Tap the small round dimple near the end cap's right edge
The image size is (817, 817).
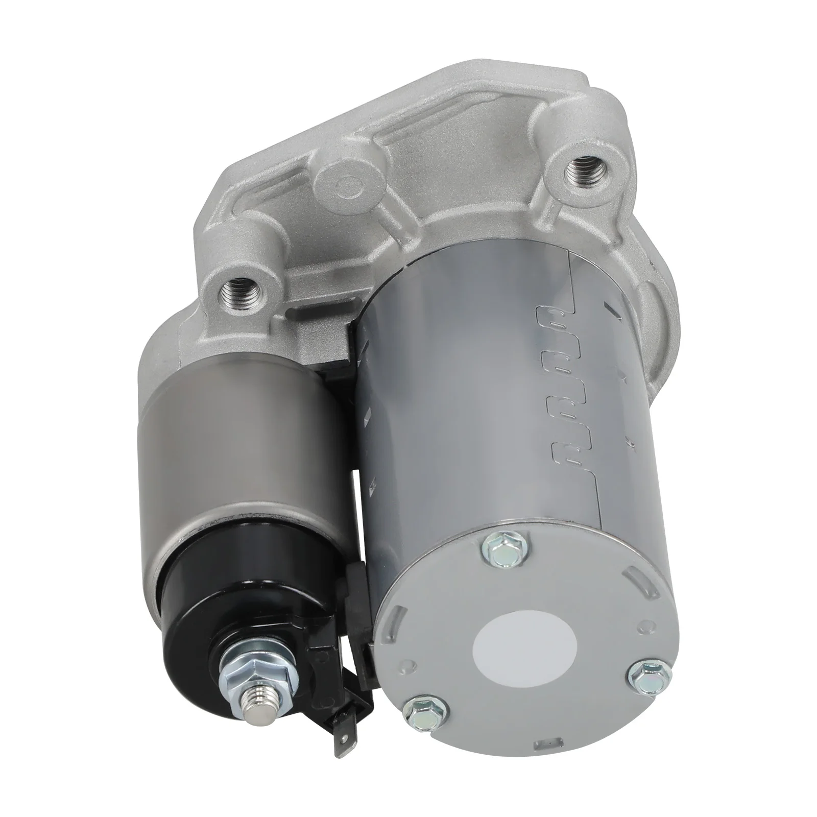pyautogui.click(x=655, y=625)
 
